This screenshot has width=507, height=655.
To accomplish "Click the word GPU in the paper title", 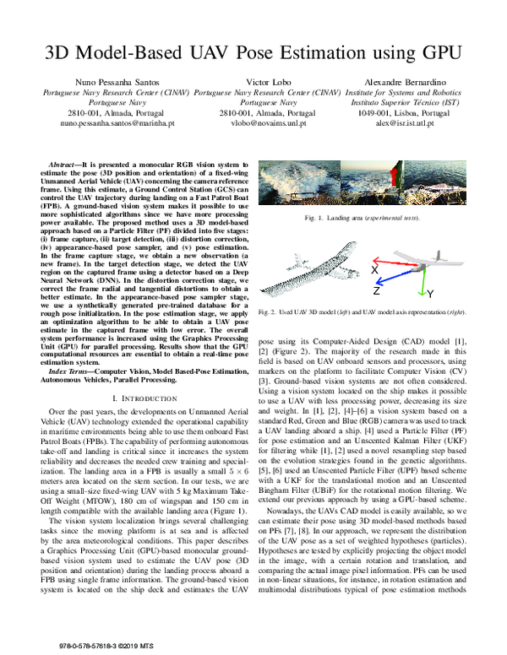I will (x=438, y=51).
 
